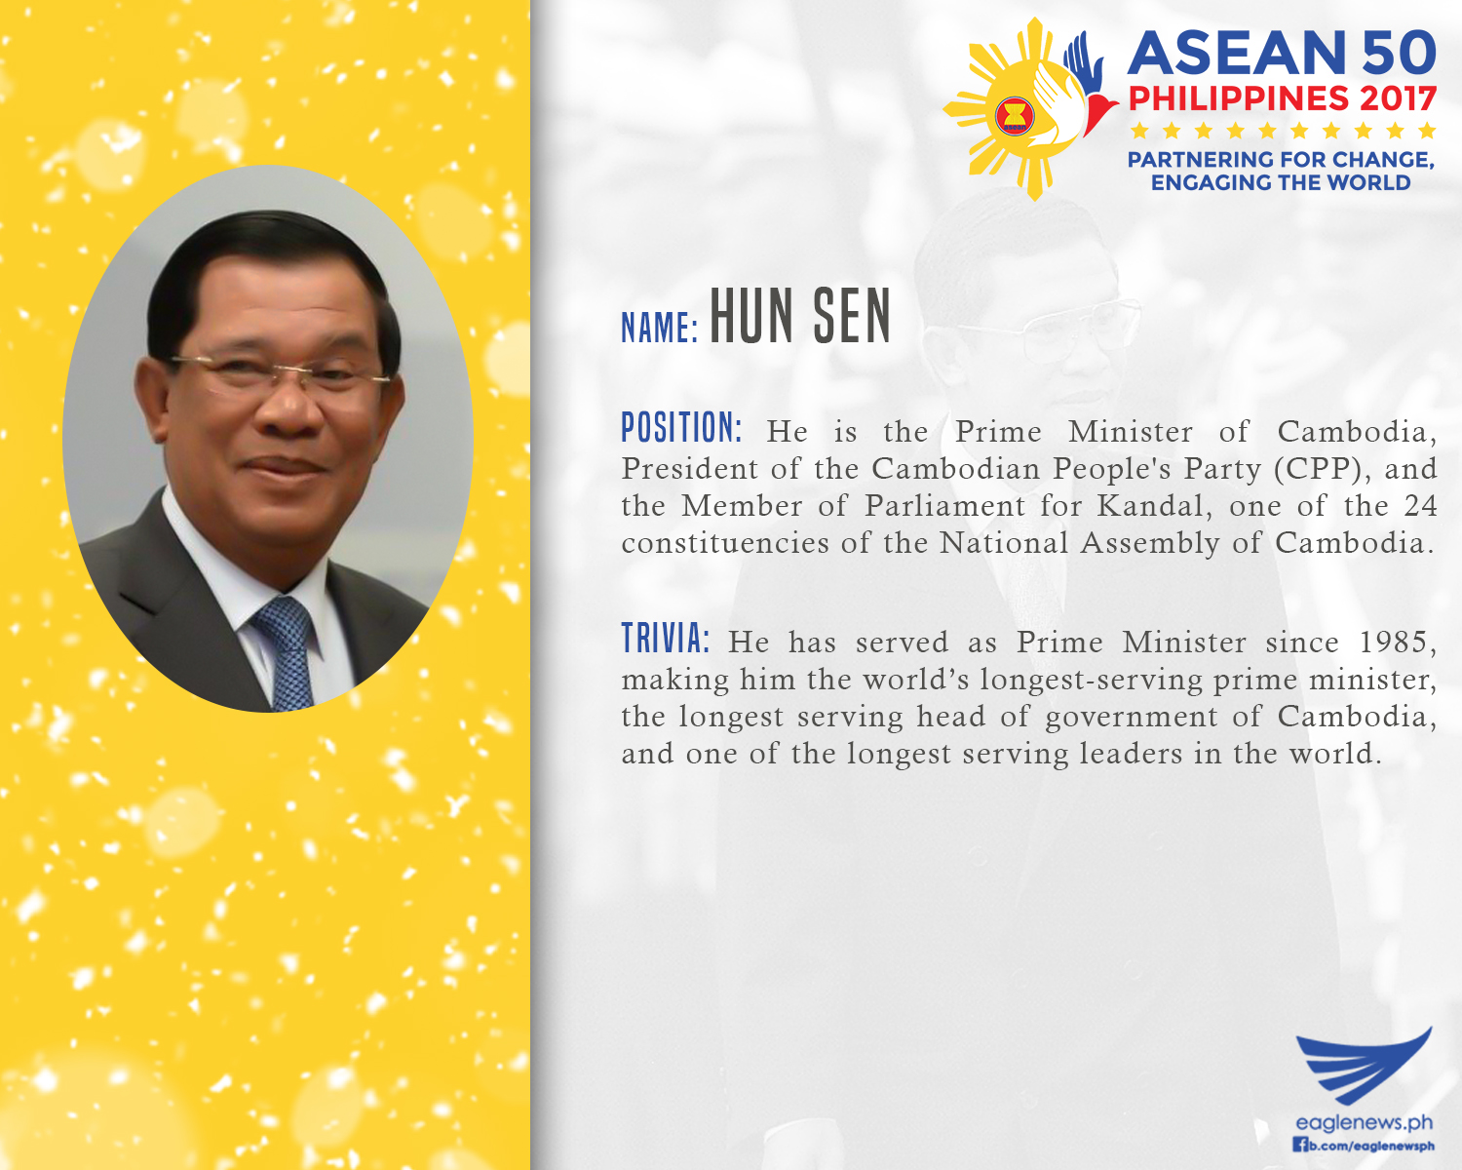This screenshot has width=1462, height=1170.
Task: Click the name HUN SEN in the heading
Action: tap(800, 316)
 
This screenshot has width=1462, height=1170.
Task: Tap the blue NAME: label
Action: tap(660, 328)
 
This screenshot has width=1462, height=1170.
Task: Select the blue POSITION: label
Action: tap(681, 428)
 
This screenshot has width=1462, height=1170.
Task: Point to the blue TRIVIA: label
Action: tap(665, 639)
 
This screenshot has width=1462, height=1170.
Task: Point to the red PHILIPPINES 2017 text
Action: tap(1282, 98)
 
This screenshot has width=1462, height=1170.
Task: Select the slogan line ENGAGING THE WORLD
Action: tap(1281, 182)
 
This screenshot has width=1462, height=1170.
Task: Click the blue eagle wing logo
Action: tap(1364, 1066)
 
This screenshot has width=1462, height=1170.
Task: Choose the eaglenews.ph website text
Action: tap(1364, 1122)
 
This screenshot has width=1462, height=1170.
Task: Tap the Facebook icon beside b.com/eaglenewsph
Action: tap(1300, 1145)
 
